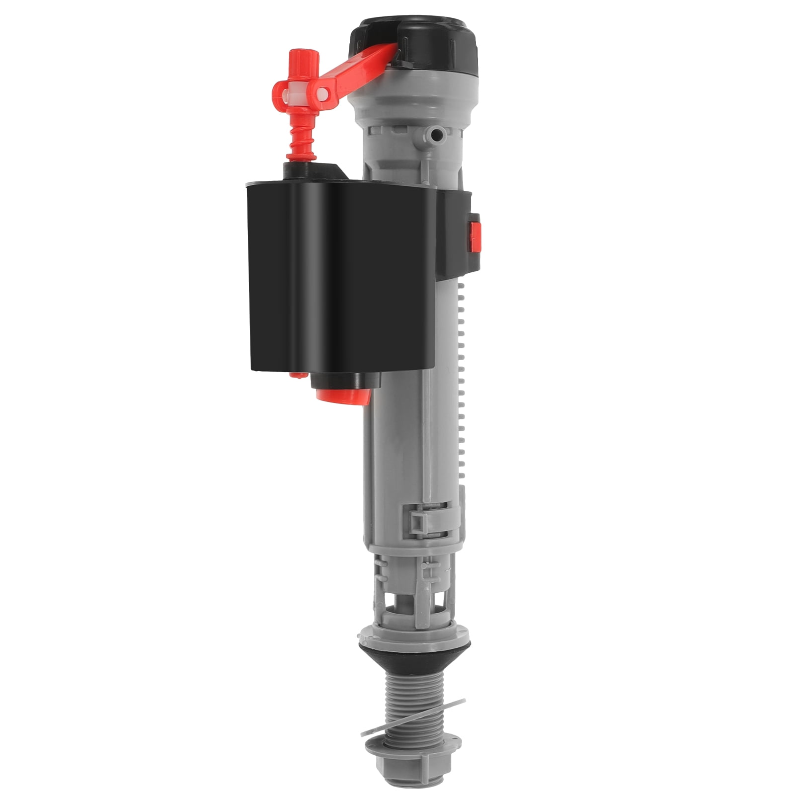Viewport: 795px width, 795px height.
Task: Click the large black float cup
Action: tap(338, 273)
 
